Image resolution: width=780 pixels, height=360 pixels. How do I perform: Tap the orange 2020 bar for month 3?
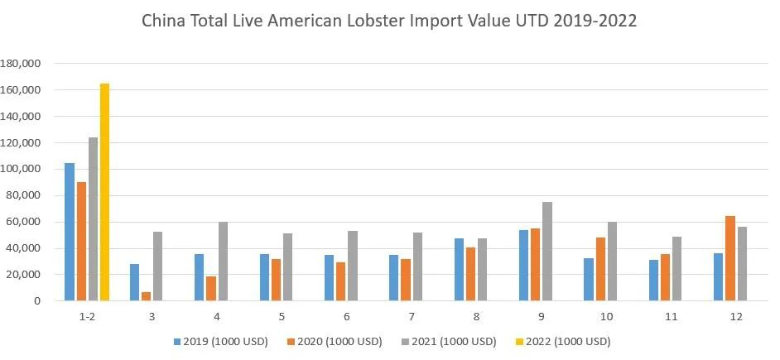(x=146, y=296)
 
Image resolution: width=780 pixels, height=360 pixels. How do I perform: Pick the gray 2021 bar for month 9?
(x=547, y=252)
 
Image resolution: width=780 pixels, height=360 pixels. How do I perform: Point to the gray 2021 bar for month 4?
(x=223, y=262)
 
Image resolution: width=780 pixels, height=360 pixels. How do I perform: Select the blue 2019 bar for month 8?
(x=459, y=270)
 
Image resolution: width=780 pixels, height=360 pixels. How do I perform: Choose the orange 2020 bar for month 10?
(x=600, y=269)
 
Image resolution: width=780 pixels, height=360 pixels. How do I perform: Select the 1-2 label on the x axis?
(x=87, y=317)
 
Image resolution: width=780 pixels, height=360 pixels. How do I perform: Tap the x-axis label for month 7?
(x=412, y=317)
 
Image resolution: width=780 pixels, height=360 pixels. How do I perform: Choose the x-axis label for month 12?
(x=736, y=317)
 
